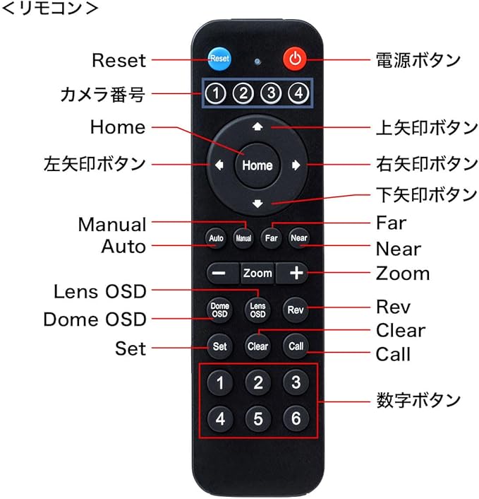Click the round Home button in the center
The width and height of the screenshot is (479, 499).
pyautogui.click(x=257, y=165)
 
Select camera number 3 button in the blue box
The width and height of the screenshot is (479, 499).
pyautogui.click(x=271, y=93)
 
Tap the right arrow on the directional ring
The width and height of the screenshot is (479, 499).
pyautogui.click(x=296, y=165)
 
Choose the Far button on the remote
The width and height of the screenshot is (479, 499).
pyautogui.click(x=272, y=238)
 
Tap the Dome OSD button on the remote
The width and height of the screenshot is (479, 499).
pyautogui.click(x=219, y=310)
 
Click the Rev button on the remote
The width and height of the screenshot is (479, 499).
pyautogui.click(x=295, y=310)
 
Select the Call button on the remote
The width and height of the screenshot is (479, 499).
pyautogui.click(x=295, y=346)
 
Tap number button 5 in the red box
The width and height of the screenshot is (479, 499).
pyautogui.click(x=257, y=418)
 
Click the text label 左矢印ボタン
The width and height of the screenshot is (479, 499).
pyautogui.click(x=94, y=164)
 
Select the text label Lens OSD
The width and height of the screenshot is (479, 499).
pyautogui.click(x=100, y=291)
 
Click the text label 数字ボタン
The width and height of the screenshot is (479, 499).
pyautogui.click(x=418, y=400)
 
